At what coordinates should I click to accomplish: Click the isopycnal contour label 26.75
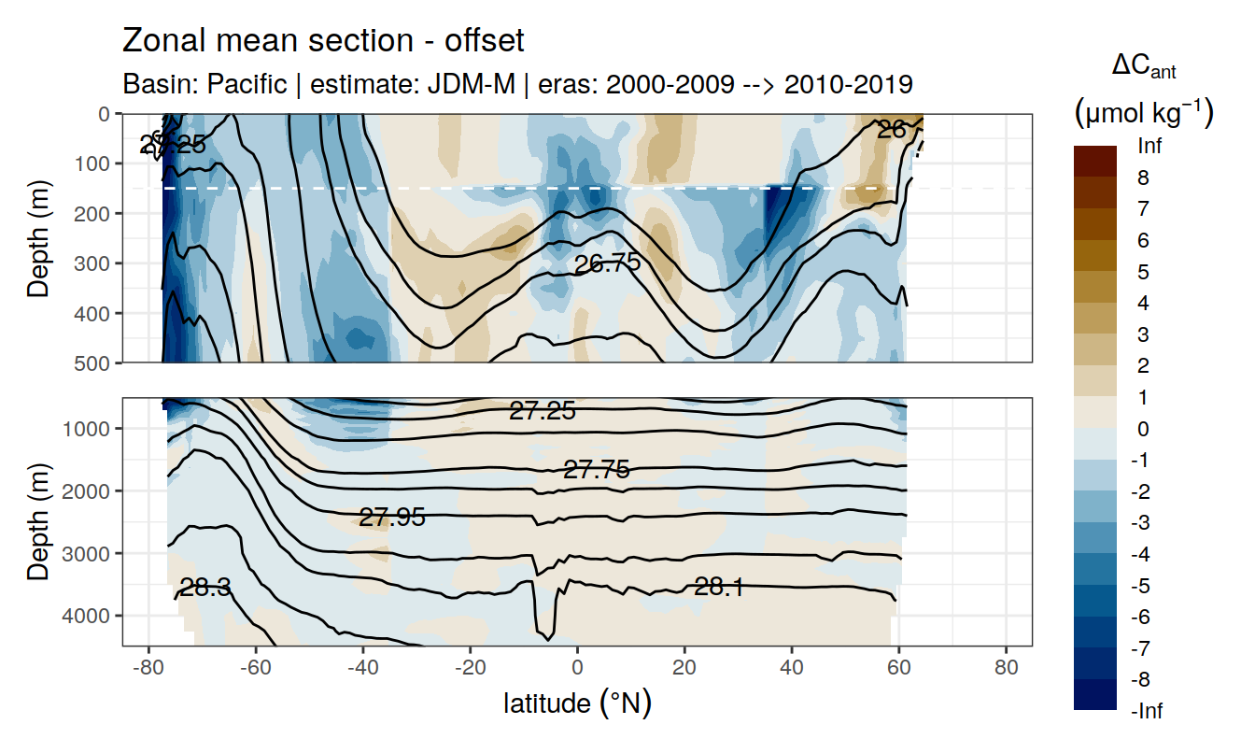[x=608, y=263]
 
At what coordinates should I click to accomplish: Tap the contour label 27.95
[x=392, y=518]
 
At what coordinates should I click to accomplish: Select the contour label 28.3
[x=205, y=588]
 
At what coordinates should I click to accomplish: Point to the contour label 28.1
[x=719, y=587]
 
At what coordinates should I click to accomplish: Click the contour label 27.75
[x=597, y=470]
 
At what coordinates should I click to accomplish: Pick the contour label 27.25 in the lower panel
[x=543, y=411]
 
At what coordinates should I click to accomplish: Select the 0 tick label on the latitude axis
[x=577, y=669]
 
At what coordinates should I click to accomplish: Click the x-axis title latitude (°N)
[x=577, y=702]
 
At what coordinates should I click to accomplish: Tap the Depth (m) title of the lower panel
[x=39, y=521]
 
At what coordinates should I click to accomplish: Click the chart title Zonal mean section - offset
[x=323, y=41]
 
